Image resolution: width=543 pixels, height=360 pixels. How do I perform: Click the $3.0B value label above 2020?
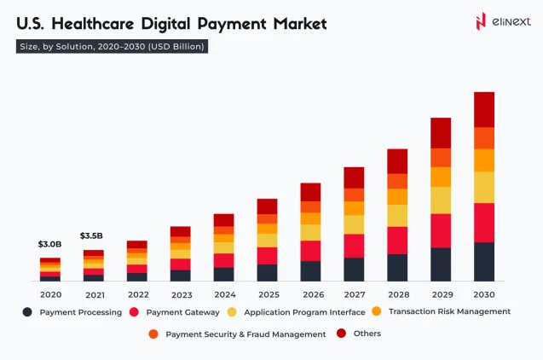point(50,244)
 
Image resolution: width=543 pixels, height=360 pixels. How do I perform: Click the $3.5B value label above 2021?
point(92,235)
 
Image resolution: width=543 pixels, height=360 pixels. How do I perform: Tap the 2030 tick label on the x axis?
point(484,294)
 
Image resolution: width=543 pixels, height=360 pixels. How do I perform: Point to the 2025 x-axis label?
point(267,294)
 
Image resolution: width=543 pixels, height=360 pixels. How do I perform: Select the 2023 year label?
point(180,294)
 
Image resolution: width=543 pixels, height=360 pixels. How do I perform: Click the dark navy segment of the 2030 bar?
point(484,261)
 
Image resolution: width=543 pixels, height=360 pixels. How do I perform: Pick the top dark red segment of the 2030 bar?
point(484,109)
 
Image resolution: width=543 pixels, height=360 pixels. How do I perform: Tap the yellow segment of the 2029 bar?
point(441,200)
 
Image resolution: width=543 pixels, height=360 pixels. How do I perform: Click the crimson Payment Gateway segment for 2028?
point(397,240)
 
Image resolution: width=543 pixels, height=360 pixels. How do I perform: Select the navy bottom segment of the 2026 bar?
point(310,270)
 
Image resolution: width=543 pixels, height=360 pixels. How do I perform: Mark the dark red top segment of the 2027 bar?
point(354,177)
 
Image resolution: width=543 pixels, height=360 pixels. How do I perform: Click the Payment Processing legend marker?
point(27,312)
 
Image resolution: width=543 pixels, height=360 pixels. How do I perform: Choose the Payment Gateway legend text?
point(182,312)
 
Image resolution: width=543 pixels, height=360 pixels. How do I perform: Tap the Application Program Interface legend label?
point(305,312)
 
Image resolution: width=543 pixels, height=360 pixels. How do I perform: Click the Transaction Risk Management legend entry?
point(449,311)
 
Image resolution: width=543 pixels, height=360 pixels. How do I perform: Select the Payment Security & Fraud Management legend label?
point(246,334)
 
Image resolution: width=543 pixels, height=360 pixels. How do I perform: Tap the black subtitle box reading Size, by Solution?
point(112,47)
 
